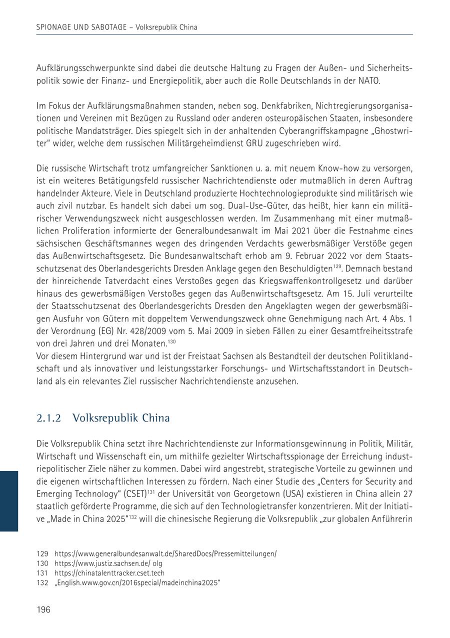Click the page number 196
(43, 609)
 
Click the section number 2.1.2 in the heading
(49, 418)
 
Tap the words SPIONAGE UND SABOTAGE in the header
(84, 27)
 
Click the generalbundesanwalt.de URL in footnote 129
(165, 554)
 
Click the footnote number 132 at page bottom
(42, 582)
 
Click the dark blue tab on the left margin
(9, 500)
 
